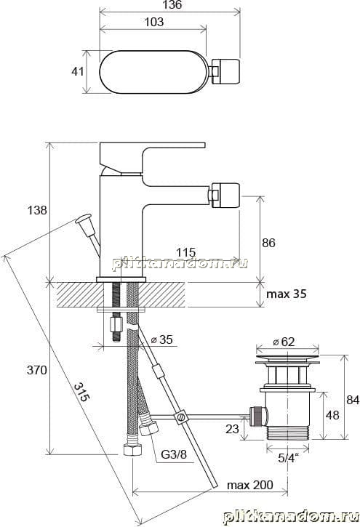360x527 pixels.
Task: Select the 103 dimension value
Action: coord(153,23)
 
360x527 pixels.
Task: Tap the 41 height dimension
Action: coord(78,71)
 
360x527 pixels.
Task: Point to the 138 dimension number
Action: coord(36,210)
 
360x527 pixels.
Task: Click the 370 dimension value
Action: coord(36,370)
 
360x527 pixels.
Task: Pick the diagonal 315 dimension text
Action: coord(81,392)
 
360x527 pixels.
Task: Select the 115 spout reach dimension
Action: coord(186,252)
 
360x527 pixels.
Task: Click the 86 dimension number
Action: coord(268,243)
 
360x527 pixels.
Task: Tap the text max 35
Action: coord(287,294)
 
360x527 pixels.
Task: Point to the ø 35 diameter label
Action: coord(162,339)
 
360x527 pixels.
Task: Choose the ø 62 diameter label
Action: coord(284,342)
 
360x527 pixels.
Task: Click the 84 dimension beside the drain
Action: coord(353,400)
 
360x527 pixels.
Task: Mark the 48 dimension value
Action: coord(332,415)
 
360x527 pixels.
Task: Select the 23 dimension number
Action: coord(232,429)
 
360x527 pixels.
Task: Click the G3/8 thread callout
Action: coord(173,455)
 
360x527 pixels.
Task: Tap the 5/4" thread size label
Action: coord(289,458)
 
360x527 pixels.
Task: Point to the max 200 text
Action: coord(250,485)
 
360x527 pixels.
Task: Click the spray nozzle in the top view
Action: coord(225,71)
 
